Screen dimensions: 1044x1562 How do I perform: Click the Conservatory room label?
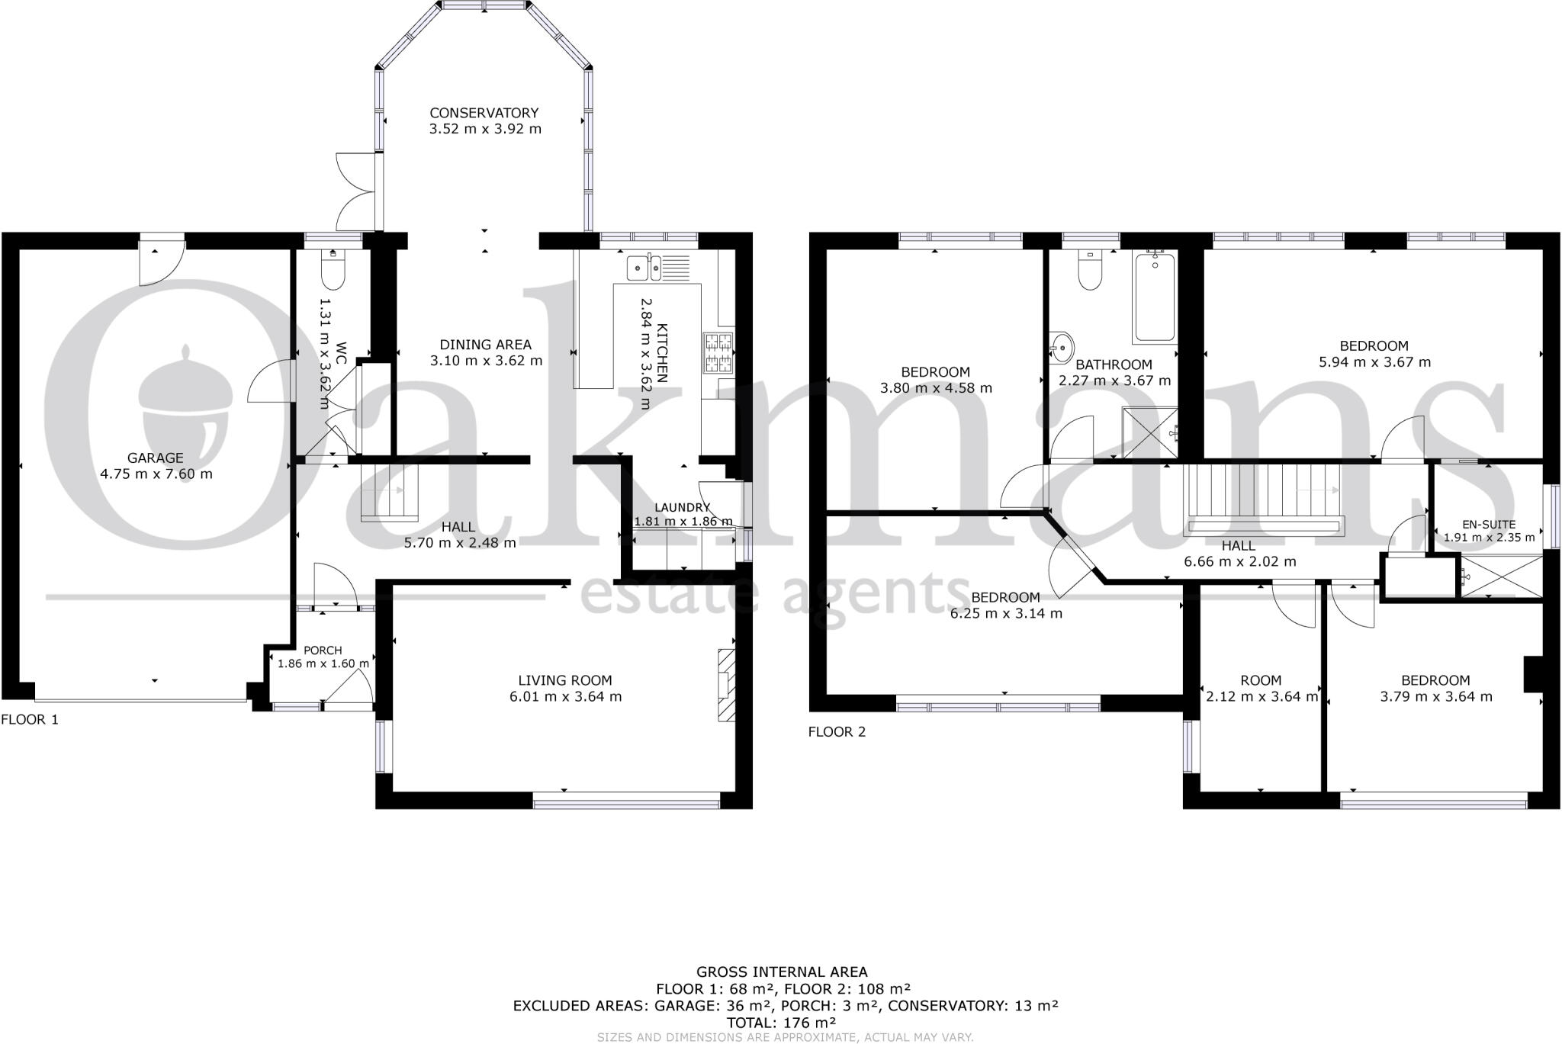(x=484, y=113)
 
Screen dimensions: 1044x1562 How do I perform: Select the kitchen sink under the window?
(x=644, y=267)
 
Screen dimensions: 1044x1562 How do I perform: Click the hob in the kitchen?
(x=718, y=353)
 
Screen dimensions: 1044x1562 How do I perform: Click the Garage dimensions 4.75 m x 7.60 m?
(x=156, y=474)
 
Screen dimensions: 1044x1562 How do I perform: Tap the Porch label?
(x=323, y=650)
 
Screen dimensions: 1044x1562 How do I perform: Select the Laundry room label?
(x=683, y=508)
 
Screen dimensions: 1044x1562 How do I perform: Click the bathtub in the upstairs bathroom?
(x=1155, y=297)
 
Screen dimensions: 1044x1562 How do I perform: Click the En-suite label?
(x=1489, y=525)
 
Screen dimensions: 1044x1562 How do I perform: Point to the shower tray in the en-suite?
(x=1501, y=577)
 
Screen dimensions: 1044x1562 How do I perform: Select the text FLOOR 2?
(x=837, y=732)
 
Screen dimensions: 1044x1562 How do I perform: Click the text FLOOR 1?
(x=30, y=719)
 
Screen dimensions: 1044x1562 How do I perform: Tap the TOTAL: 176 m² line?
(x=781, y=1023)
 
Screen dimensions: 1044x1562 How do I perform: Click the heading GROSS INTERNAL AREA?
(x=781, y=972)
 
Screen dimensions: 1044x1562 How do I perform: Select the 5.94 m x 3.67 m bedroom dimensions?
(x=1374, y=362)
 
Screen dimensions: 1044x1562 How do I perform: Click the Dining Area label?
(x=485, y=345)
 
